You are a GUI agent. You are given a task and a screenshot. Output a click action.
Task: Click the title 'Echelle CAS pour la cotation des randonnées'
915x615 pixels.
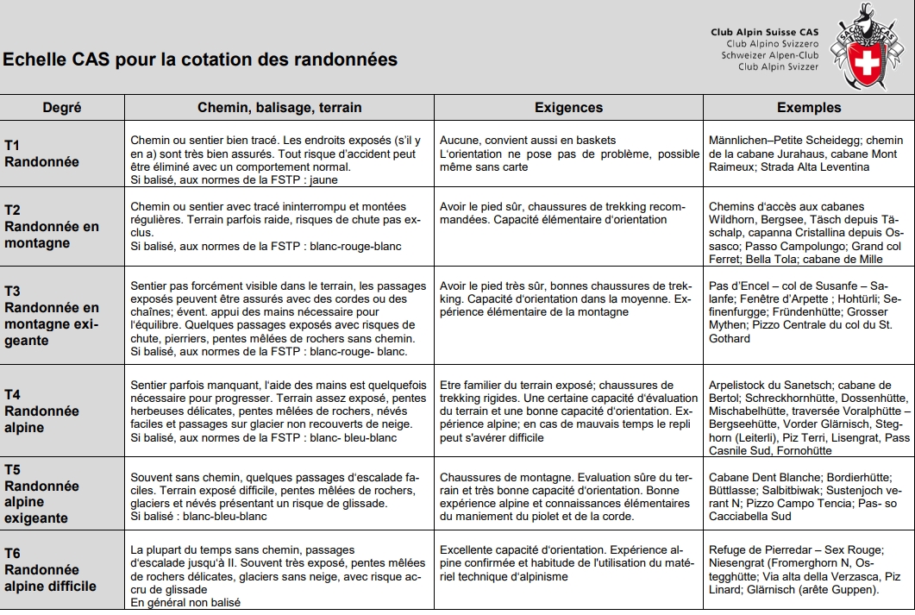pyautogui.click(x=200, y=60)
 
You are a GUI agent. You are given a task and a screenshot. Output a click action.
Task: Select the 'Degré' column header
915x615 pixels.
pyautogui.click(x=62, y=108)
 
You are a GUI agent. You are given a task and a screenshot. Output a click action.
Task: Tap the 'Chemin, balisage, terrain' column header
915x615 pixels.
pyautogui.click(x=279, y=108)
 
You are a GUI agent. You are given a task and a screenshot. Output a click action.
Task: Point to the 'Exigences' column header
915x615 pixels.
pyautogui.click(x=568, y=108)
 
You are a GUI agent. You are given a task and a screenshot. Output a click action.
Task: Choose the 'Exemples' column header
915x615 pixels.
pyautogui.click(x=808, y=108)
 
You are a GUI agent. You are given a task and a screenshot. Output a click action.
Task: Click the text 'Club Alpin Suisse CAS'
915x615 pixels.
pyautogui.click(x=764, y=32)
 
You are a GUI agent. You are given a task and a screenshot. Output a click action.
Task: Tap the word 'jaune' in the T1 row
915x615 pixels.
pyautogui.click(x=323, y=180)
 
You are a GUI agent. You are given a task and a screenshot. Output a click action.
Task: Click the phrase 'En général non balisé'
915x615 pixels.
pyautogui.click(x=185, y=602)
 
